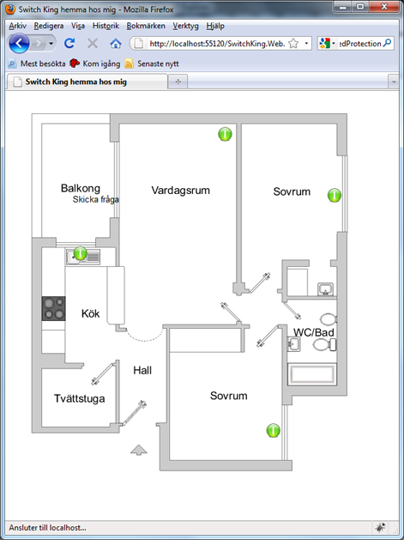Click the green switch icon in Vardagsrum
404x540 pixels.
tap(225, 134)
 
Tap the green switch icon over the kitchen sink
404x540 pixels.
tap(80, 253)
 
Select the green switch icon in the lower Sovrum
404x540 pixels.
tap(274, 430)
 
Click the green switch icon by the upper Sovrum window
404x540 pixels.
tap(335, 195)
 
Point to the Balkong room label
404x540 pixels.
tap(81, 188)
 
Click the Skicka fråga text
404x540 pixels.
tap(96, 199)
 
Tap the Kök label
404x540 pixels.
tap(91, 313)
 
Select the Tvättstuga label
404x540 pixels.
tap(80, 399)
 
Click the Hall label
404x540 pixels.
tap(142, 371)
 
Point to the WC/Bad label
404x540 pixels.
tap(313, 332)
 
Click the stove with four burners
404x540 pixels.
tap(54, 308)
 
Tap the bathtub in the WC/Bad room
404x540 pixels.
tap(312, 374)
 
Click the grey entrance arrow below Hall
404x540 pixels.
tap(139, 450)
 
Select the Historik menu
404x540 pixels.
tap(106, 26)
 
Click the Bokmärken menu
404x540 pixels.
tap(146, 26)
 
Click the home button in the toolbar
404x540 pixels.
tap(116, 44)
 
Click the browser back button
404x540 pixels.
tap(19, 44)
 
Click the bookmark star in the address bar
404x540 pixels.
tap(293, 44)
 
